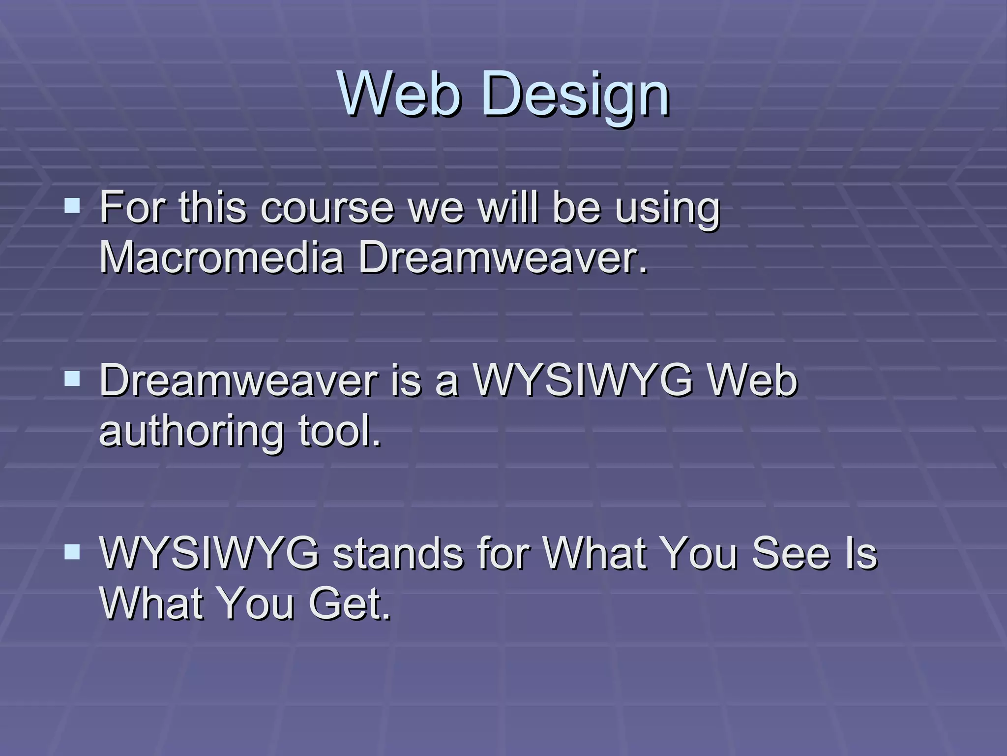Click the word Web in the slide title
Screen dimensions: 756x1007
click(400, 94)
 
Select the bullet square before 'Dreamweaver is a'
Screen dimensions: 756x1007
click(72, 378)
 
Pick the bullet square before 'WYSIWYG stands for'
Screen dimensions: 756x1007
click(72, 552)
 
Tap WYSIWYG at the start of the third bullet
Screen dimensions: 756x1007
click(209, 553)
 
